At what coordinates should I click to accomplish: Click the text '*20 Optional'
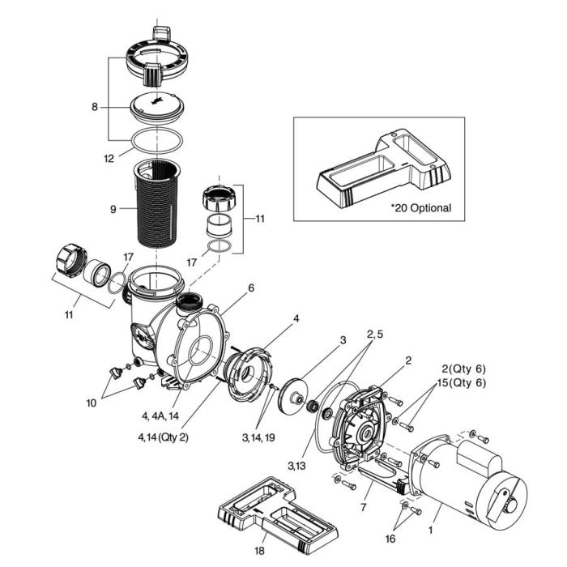(420, 208)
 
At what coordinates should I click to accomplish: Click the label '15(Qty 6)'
(458, 383)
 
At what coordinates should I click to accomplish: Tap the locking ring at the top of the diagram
(156, 62)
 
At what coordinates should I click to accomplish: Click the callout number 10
(91, 399)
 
